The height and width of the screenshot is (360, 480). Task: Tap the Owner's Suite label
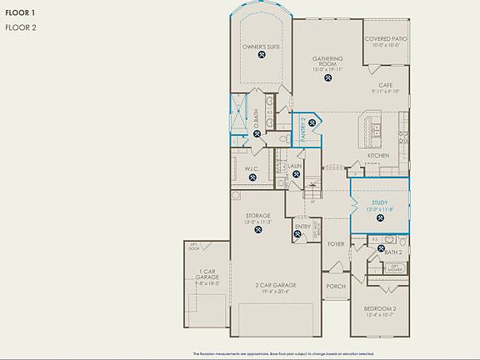tap(261, 47)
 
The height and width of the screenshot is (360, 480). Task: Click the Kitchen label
tap(378, 156)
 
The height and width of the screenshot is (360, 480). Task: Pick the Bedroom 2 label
tap(380, 308)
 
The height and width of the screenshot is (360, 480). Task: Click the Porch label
tap(335, 286)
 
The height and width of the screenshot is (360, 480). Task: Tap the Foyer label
tap(335, 244)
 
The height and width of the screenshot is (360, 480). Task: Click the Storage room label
tap(257, 216)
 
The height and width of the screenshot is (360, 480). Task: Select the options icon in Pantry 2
tap(312, 124)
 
